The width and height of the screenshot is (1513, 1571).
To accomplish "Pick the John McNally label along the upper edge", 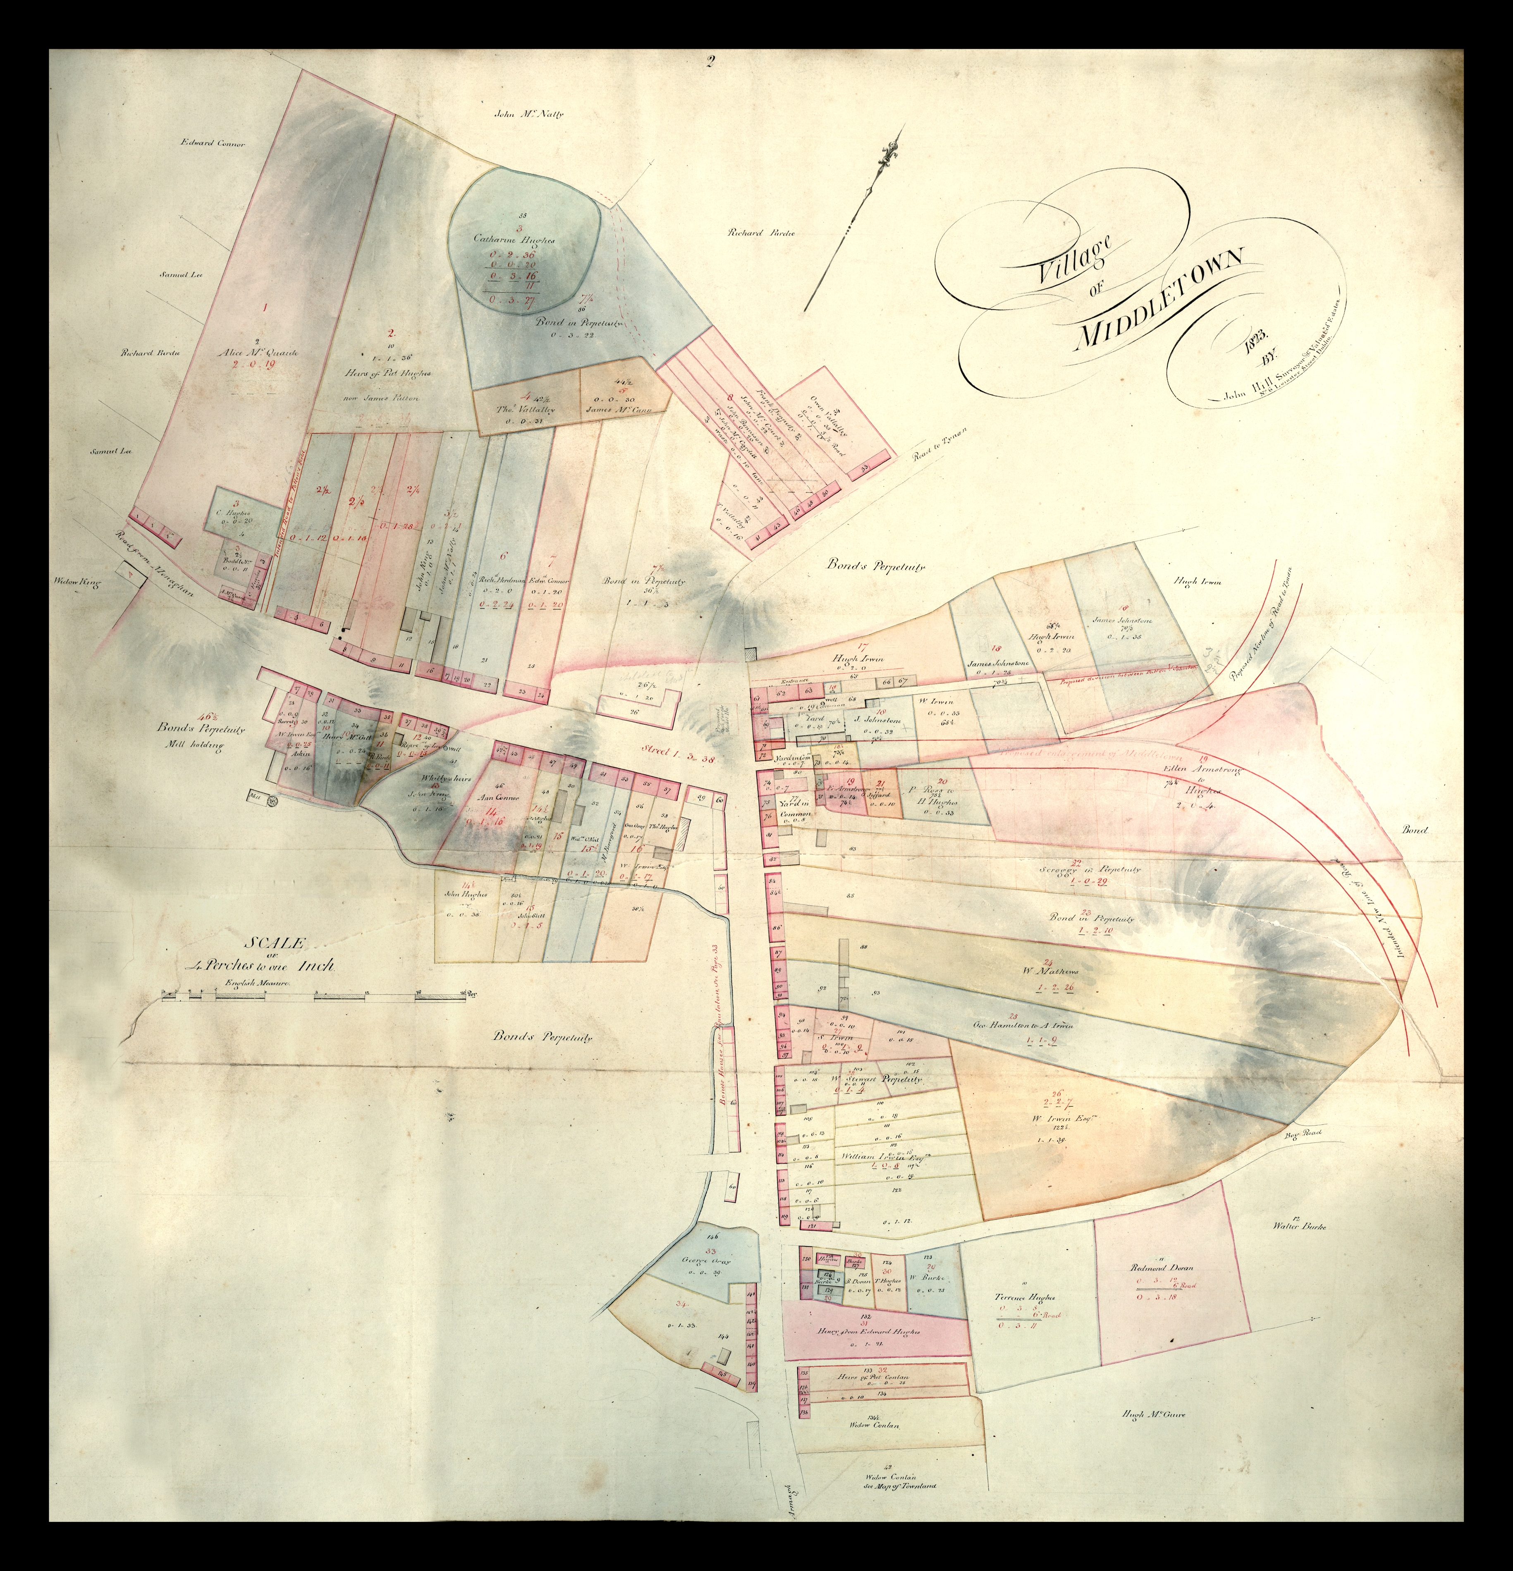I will click(x=529, y=114).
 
